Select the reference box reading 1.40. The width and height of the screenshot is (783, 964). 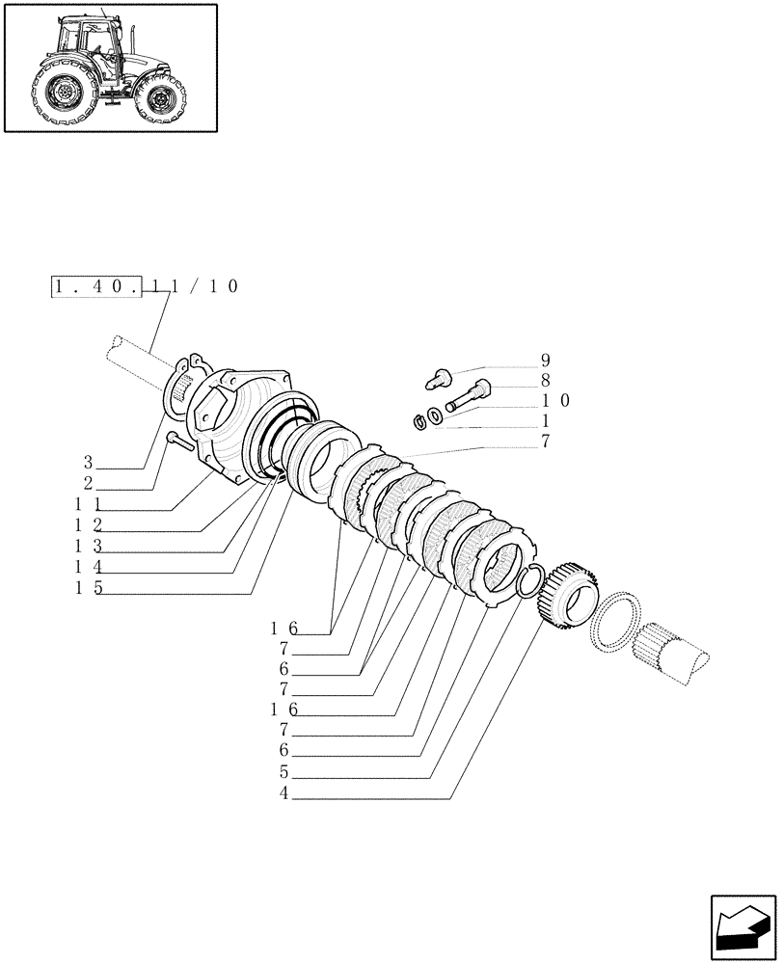tap(95, 286)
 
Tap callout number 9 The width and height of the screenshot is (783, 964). tap(545, 361)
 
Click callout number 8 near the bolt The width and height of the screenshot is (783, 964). tap(545, 380)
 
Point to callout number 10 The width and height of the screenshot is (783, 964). tap(555, 399)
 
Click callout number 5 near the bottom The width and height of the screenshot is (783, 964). tap(283, 772)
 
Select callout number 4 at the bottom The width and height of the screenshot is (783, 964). tap(283, 794)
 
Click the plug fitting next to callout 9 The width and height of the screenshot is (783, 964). tap(438, 377)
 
